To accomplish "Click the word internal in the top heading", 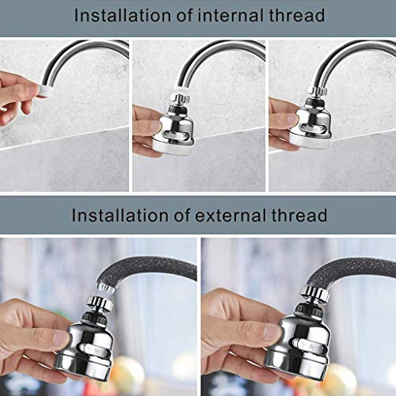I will coord(227,15).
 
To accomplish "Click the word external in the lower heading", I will coord(226,215).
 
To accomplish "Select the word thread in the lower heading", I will coord(297,215).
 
